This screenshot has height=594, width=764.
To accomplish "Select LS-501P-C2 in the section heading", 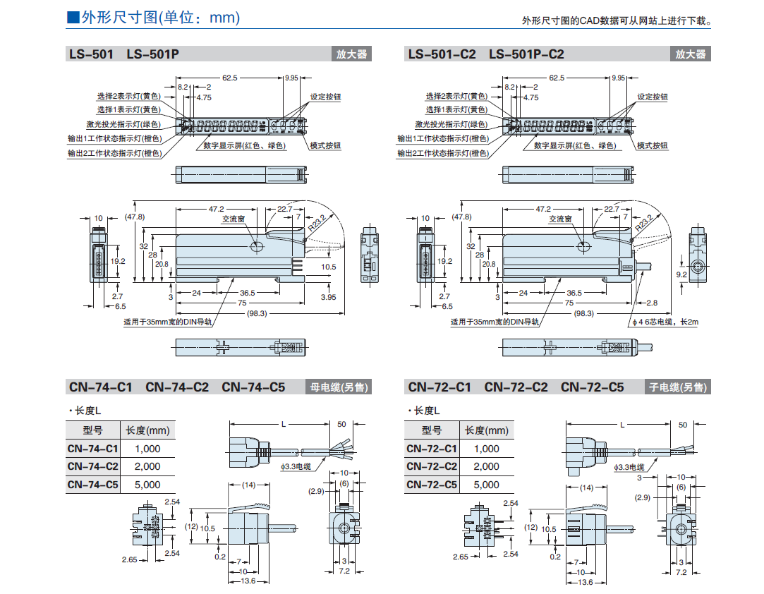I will pos(526,54).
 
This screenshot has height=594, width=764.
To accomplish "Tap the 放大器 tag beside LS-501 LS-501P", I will pos(351,54).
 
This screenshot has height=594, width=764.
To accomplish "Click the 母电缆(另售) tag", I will pos(340,387).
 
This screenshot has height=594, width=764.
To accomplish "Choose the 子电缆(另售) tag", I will pos(679,387).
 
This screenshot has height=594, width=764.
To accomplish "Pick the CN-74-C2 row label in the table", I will pos(93,466).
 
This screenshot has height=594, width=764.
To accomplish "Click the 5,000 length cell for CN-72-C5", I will pos(486,485).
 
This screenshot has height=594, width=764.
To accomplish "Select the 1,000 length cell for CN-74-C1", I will pos(147,449).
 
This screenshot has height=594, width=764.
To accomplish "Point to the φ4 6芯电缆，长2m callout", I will pos(665,322).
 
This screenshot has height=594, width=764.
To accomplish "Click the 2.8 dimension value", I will pos(651,302).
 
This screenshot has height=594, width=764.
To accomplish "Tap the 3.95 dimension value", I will pos(328,297).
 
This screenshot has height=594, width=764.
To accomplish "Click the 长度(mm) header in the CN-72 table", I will pos(486,430).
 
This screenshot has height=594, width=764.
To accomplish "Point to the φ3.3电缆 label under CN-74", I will pos(295,466).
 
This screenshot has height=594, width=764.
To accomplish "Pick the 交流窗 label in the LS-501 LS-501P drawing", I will pos(233,219).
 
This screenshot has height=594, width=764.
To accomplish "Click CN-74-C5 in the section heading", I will pos(253,387).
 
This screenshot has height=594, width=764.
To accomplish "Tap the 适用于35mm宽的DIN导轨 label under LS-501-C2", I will pos(495,322).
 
